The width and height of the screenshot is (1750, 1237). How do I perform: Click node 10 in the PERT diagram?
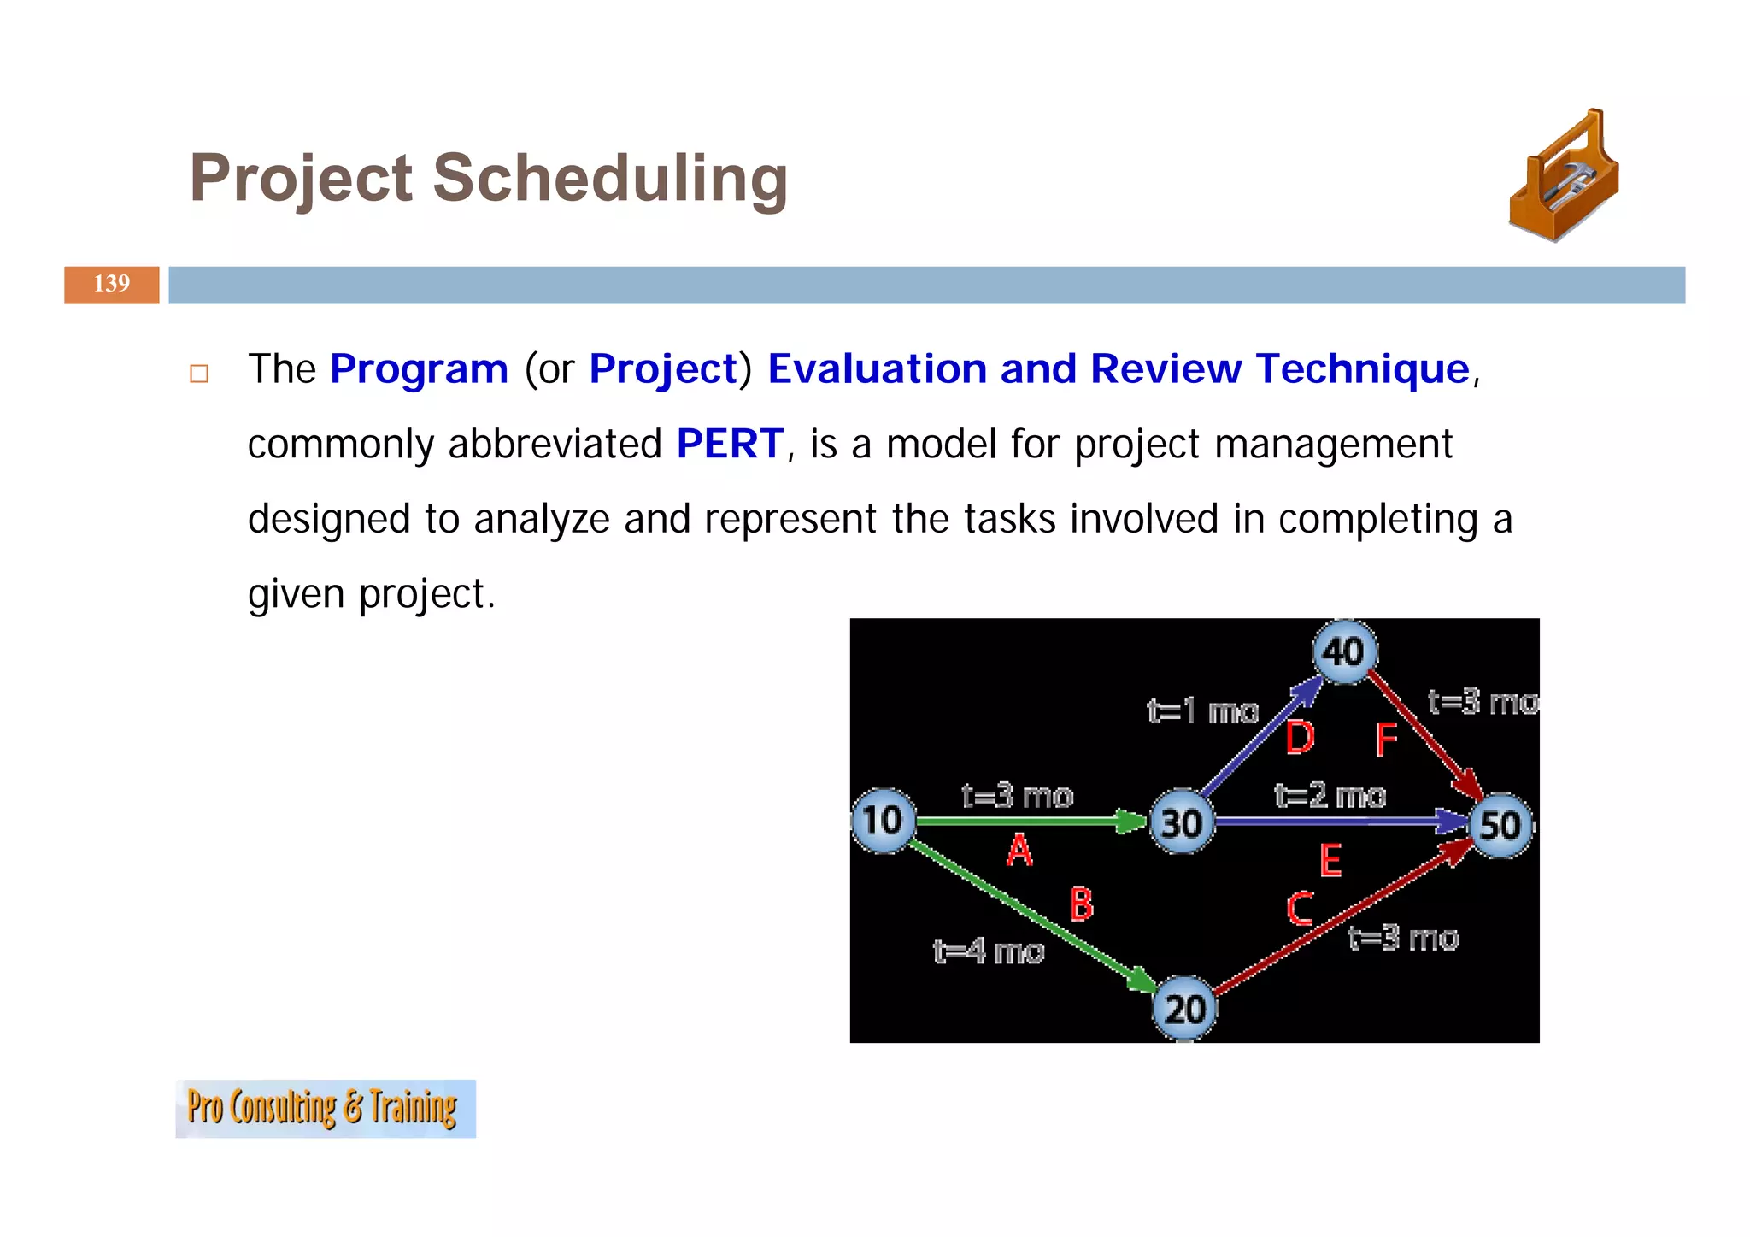884,821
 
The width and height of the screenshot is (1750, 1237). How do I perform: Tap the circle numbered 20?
1185,1010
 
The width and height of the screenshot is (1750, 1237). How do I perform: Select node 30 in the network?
1182,823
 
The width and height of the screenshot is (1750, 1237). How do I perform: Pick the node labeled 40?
1344,652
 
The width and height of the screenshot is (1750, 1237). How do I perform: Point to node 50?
1500,825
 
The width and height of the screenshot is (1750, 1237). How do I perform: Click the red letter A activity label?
1019,851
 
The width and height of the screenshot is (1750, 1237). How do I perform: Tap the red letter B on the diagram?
1081,904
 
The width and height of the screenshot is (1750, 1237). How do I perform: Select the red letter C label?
1300,909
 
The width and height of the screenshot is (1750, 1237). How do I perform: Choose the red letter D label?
1300,738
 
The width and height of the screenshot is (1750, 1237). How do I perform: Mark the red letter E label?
1330,860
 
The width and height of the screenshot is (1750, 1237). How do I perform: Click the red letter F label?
1385,740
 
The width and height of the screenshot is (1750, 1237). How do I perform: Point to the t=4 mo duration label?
989,951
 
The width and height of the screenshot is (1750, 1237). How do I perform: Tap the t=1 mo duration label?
1202,711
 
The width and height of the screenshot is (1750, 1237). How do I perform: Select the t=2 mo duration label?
1330,796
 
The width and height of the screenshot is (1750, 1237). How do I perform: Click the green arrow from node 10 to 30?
1025,822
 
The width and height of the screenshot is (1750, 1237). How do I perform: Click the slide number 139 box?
112,285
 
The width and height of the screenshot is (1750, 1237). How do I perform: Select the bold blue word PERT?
729,445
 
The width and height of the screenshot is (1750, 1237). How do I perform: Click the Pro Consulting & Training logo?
325,1108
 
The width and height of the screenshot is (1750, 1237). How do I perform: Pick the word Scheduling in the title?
609,179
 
